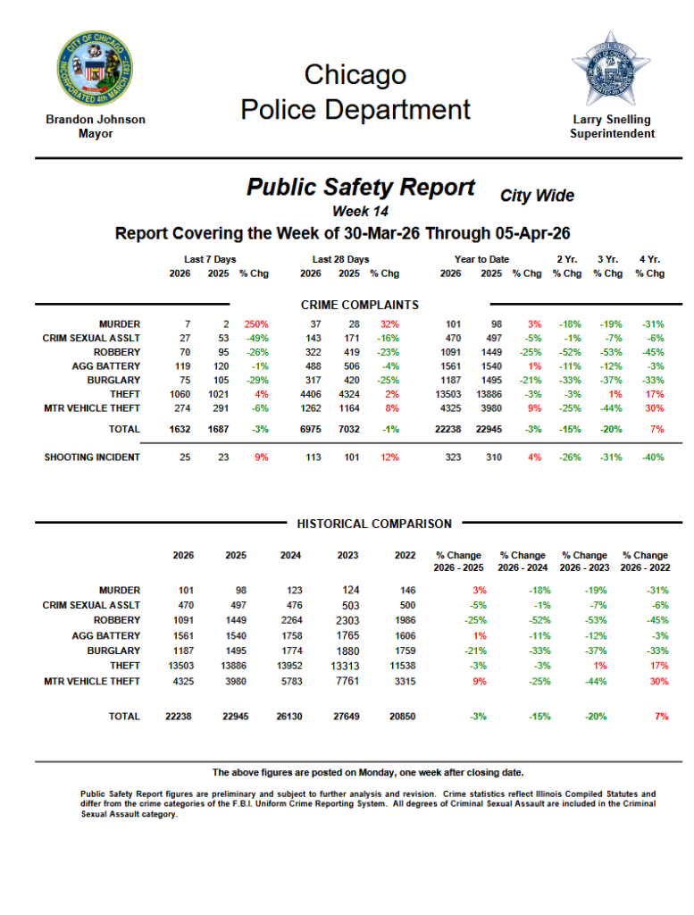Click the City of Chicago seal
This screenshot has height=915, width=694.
95,69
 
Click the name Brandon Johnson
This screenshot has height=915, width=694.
95,119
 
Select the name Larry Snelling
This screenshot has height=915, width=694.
612,119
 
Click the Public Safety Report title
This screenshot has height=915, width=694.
360,187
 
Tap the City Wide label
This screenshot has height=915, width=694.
537,195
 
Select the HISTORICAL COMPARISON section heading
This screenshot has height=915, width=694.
374,524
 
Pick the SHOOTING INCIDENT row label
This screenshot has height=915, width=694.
92,457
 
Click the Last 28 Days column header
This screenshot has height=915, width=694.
340,259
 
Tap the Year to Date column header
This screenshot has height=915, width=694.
481,259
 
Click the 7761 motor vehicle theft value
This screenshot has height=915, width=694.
347,682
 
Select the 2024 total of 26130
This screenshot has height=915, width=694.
289,717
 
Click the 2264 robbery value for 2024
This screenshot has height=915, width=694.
289,619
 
